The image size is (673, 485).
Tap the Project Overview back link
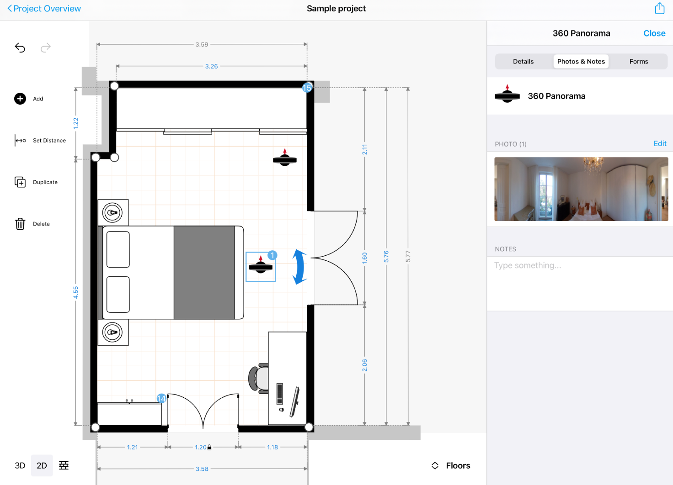44,9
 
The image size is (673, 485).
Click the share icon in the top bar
659,8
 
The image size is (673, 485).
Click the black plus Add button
20,99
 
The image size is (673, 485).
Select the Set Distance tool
21,141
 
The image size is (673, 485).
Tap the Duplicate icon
20,182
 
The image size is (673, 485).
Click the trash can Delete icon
20,224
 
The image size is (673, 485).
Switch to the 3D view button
20,465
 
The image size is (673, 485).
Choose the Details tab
523,62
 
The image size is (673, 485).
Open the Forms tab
638,62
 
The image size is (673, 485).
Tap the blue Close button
654,33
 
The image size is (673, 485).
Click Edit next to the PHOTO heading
660,143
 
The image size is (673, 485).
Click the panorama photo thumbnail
581,189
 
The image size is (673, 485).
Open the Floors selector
451,465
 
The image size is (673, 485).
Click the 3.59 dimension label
202,45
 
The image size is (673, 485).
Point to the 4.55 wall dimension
76,292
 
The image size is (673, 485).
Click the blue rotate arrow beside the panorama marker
299,267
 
